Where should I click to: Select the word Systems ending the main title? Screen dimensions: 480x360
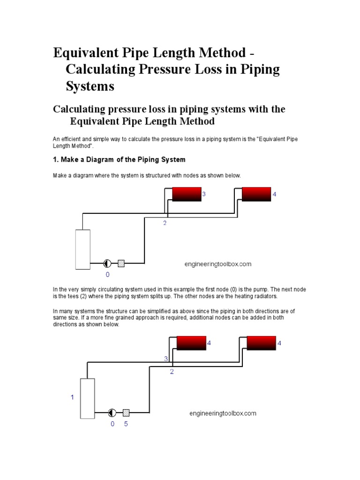point(90,86)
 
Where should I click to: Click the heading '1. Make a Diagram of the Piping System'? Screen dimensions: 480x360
point(119,159)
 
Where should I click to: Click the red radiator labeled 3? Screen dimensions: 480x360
point(187,194)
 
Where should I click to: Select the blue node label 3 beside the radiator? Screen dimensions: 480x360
point(204,194)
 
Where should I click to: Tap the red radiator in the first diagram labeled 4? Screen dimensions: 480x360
point(256,194)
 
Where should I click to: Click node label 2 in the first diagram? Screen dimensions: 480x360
point(165,223)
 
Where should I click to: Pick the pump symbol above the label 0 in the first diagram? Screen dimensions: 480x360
point(107,263)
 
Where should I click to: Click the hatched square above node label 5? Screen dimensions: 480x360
point(126,413)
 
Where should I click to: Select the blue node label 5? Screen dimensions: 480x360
point(126,424)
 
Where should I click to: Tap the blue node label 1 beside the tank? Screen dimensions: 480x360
point(72,397)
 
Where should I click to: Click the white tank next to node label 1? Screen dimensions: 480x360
point(88,398)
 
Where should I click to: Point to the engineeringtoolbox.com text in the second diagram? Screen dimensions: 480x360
point(223,413)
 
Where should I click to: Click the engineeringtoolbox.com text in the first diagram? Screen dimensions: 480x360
point(217,264)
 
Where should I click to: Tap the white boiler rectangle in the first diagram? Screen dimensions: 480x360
point(83,249)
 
